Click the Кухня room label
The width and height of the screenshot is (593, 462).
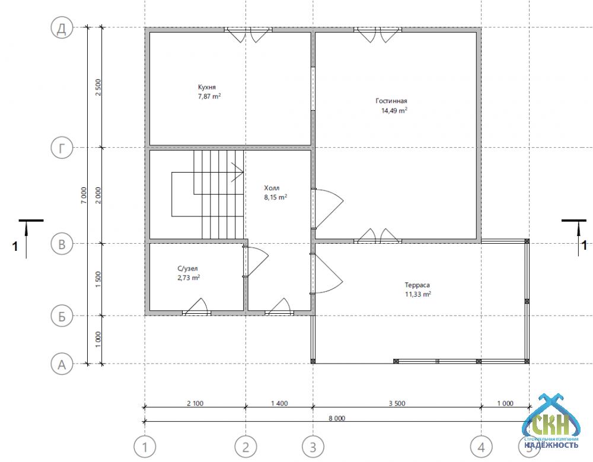click(207, 87)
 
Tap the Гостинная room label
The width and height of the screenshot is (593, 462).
click(391, 101)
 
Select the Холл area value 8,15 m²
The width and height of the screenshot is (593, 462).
click(276, 197)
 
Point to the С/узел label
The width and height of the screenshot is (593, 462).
click(187, 269)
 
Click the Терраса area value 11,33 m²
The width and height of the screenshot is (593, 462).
click(418, 294)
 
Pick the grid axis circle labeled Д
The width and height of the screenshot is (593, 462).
click(62, 28)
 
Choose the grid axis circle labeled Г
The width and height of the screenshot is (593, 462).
click(62, 148)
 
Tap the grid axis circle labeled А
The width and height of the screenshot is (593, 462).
click(62, 364)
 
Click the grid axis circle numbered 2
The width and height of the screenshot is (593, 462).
click(246, 447)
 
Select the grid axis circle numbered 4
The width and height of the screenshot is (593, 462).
click(481, 447)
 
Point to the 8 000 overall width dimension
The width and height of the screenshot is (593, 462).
click(337, 418)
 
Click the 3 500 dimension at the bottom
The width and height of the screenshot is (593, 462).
click(397, 403)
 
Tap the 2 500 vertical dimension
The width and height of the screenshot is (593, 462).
click(98, 87)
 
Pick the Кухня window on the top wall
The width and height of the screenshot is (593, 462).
click(248, 34)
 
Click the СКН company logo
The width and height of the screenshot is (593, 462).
click(551, 422)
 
